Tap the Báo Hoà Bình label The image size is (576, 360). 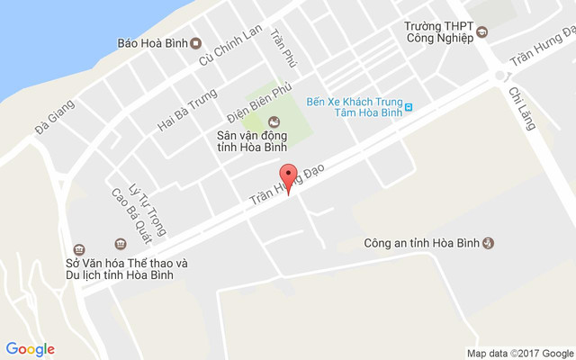coord(150,43)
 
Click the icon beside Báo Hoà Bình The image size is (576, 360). coord(196,43)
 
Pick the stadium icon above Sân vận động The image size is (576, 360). coord(274,121)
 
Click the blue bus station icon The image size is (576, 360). coord(409,107)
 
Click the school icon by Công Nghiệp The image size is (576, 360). coord(481,33)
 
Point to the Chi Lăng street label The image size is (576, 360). coord(522,108)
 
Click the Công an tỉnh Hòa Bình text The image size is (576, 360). coord(421,243)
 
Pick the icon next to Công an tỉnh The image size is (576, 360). coord(489,243)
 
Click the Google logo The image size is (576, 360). coord(31,349)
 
